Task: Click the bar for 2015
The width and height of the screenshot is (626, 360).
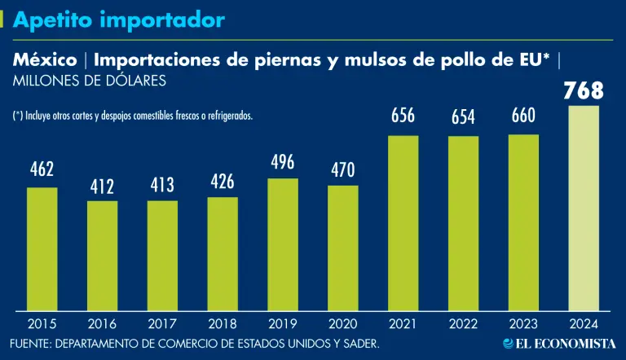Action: [42, 248]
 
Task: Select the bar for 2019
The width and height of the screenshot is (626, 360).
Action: [283, 244]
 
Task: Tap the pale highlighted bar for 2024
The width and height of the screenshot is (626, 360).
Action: [584, 207]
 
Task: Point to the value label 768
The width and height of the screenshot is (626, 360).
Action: [584, 91]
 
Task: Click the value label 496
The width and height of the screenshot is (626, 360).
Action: [283, 161]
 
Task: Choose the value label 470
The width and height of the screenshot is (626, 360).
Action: [343, 170]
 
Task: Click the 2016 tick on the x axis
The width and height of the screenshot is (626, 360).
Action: [103, 323]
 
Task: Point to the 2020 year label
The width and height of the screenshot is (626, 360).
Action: [343, 323]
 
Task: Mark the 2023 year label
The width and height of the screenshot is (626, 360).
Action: [523, 323]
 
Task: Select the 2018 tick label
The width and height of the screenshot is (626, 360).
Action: [223, 323]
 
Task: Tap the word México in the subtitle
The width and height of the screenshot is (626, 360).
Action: [45, 59]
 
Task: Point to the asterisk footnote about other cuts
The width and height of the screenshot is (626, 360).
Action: [133, 116]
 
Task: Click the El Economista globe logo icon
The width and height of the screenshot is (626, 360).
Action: [508, 344]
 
